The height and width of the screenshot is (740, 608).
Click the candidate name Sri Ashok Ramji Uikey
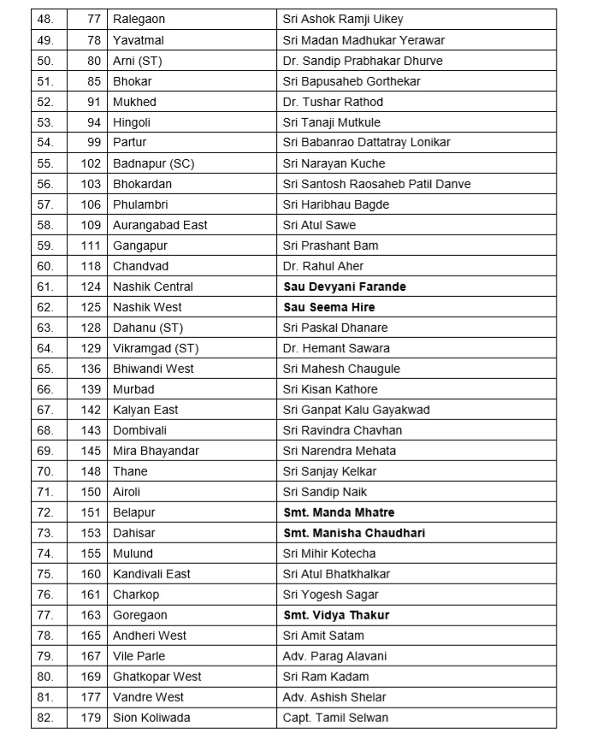pos(343,20)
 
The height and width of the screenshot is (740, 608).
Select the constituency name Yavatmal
pos(135,40)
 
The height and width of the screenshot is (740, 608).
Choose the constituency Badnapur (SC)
pos(154,163)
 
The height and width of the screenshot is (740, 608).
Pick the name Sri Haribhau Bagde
pos(336,204)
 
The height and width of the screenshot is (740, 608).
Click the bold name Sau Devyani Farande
pos(345,287)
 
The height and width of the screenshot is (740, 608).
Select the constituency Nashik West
pos(147,307)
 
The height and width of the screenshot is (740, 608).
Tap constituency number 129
pos(91,348)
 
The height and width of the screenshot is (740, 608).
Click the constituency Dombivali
pos(141,430)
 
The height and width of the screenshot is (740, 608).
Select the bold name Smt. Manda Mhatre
pos(339,512)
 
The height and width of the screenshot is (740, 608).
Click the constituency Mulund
pos(133,554)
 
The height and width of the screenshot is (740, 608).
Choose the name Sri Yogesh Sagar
pos(331,595)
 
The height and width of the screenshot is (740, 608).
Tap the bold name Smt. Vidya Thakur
pos(336,615)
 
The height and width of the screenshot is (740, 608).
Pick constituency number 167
pos(91,656)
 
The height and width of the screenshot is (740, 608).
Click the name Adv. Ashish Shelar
pos(334,697)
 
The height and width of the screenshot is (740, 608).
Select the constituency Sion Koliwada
pos(151,718)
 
